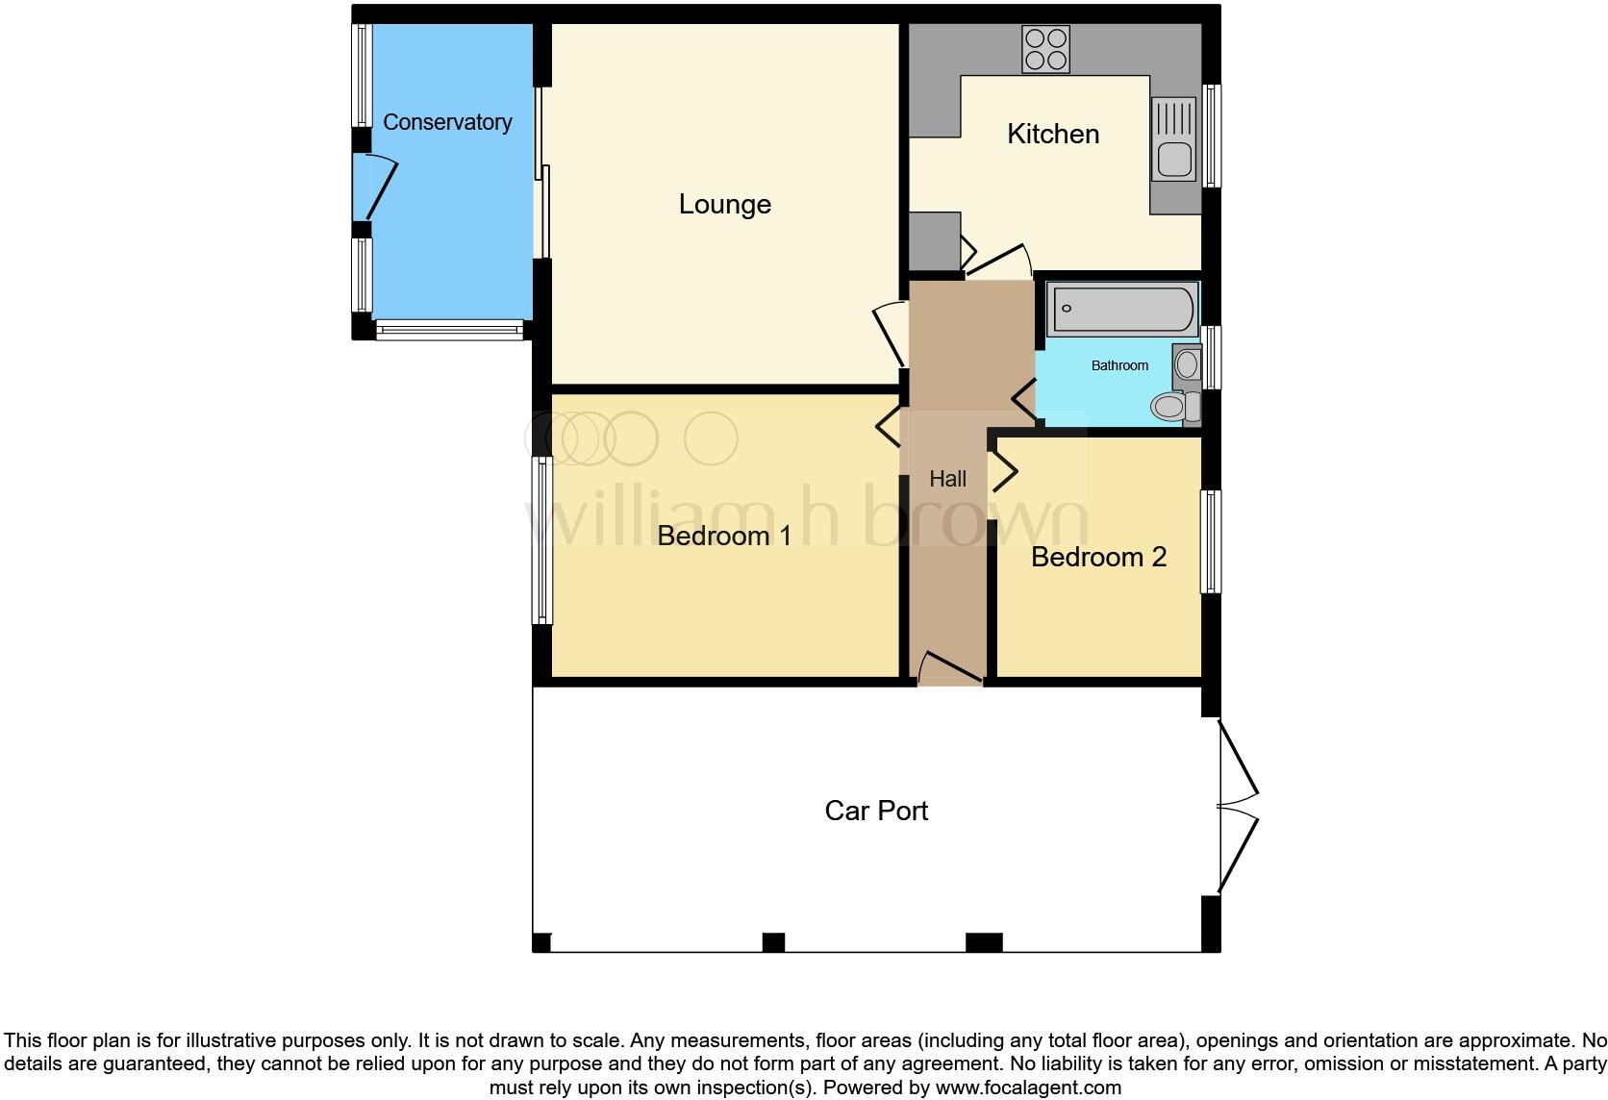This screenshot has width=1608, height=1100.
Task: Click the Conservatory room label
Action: (447, 122)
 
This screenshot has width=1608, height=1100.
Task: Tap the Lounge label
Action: (724, 204)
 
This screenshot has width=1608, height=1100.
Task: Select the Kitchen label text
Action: (1053, 134)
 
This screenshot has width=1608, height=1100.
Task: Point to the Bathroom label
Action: (1119, 365)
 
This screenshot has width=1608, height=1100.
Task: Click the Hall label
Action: (947, 479)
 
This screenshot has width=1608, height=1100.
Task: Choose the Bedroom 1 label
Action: (724, 536)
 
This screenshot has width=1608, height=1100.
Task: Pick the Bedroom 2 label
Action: (1098, 557)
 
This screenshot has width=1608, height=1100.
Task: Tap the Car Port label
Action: (876, 811)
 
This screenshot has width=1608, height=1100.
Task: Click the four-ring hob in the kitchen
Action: (1046, 49)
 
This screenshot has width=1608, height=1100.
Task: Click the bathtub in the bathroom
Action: (1121, 309)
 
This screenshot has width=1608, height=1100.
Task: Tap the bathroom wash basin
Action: (1188, 364)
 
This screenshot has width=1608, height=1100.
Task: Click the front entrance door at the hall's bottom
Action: (950, 668)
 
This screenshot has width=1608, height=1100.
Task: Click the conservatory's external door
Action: (373, 187)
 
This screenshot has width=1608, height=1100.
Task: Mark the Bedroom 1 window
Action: (542, 540)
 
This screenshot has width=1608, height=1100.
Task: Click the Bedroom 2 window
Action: (1211, 541)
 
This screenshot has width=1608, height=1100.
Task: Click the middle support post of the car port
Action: (773, 942)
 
